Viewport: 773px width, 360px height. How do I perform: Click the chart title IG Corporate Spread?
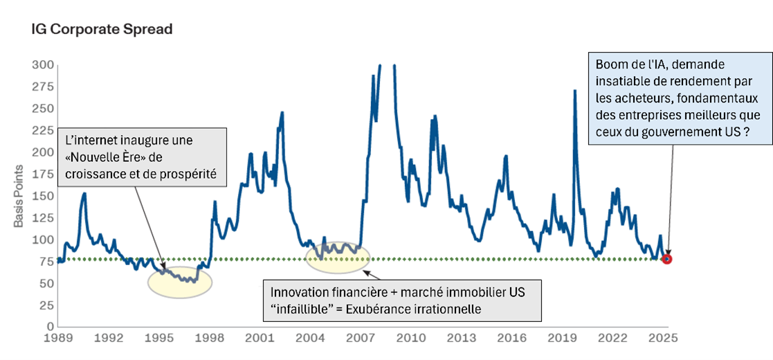pyautogui.click(x=102, y=30)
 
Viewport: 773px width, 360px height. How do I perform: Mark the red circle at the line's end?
pyautogui.click(x=667, y=259)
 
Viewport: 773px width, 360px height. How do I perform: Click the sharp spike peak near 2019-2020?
pyautogui.click(x=574, y=91)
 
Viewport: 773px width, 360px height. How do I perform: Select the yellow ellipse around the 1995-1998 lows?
pyautogui.click(x=180, y=282)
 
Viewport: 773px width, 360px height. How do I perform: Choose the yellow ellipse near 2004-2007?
pyautogui.click(x=338, y=255)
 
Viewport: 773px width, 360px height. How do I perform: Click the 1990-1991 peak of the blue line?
pyautogui.click(x=84, y=194)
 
